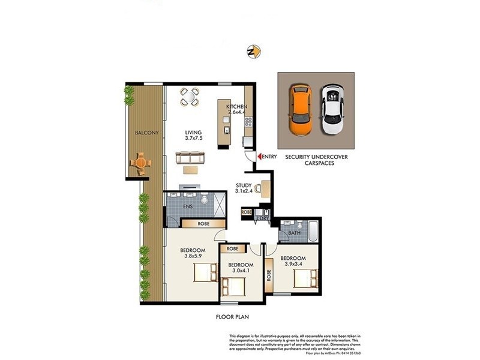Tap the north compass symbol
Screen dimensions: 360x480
[x=253, y=52]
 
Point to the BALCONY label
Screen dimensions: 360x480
[x=146, y=133]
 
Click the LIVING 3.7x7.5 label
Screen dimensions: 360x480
[x=194, y=136]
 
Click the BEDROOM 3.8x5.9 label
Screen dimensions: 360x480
[x=193, y=253]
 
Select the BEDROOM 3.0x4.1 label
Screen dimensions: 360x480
[x=239, y=268]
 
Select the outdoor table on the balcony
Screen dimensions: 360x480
[x=140, y=162]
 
